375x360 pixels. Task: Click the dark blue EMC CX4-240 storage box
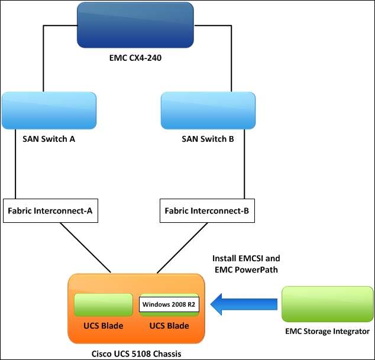point(135,24)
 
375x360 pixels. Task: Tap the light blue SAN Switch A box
point(49,111)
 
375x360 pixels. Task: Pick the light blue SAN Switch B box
point(208,111)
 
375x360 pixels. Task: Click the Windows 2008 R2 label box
point(169,304)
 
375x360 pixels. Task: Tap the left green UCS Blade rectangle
point(103,305)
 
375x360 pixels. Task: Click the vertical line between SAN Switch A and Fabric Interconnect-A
point(15,168)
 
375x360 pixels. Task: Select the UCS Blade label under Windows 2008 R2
point(169,326)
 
